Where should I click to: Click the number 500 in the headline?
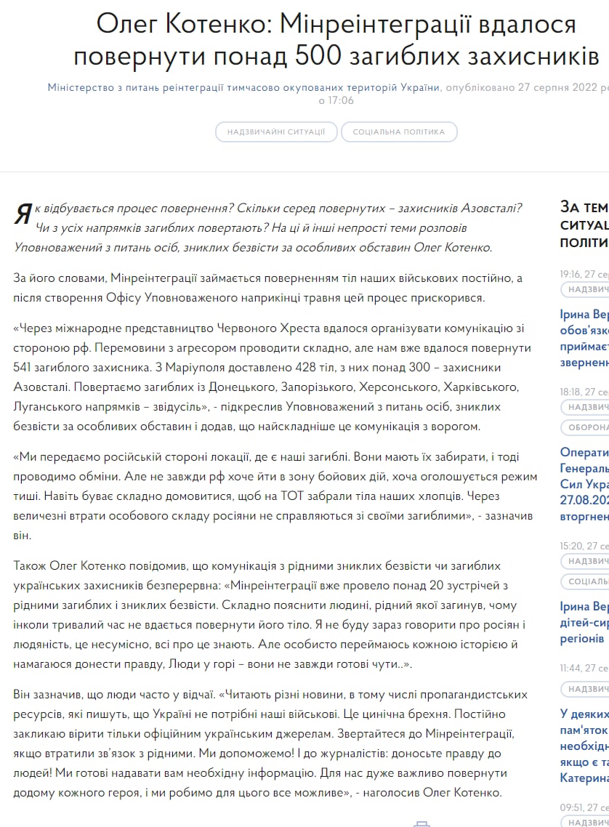323,55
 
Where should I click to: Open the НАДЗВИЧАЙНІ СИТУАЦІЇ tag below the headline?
276,132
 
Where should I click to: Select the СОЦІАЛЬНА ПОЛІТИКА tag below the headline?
399,132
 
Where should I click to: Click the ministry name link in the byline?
244,87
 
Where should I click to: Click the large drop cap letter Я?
23,214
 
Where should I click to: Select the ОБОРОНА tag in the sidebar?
587,427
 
